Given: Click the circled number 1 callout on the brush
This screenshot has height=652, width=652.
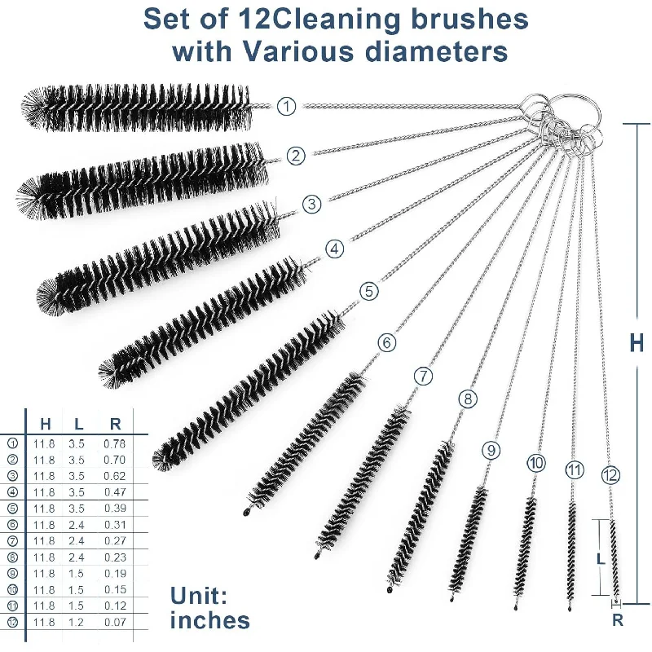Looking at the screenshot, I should (x=287, y=106).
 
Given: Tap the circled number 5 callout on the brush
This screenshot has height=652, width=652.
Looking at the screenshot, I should (x=368, y=291).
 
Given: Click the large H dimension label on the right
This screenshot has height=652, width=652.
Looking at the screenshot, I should (x=637, y=343).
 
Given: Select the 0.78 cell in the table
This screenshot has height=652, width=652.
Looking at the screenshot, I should (x=115, y=443).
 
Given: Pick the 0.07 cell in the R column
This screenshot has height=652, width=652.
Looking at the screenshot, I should (x=115, y=623).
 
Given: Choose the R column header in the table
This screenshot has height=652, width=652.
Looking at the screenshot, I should (x=115, y=423).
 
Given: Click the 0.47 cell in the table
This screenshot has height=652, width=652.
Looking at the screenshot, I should (x=115, y=492).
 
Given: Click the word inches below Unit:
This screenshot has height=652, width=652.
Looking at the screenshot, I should (x=210, y=620).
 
